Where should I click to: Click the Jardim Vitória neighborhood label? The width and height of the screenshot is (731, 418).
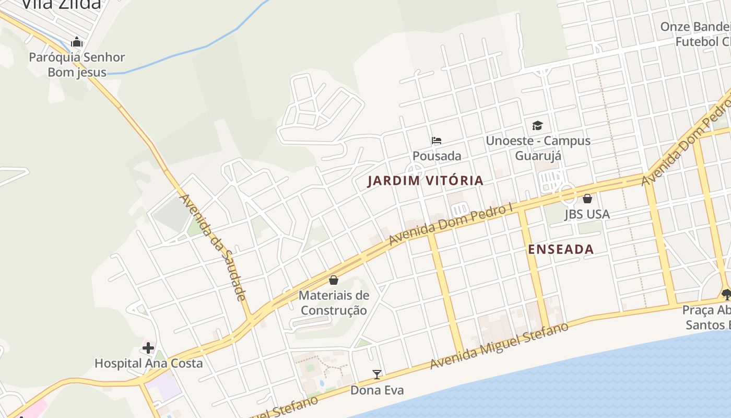point(426,181)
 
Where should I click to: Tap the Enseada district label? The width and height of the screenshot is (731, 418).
point(561,249)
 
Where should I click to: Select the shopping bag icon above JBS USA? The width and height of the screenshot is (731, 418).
point(587,199)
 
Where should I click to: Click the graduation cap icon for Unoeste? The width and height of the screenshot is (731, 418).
point(538,125)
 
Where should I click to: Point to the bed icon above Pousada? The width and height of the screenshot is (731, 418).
point(437,140)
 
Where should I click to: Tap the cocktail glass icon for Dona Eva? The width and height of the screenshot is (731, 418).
point(376,374)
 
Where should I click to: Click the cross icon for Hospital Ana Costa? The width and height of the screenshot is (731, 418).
point(148,347)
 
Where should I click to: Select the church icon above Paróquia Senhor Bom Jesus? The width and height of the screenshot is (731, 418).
point(77,41)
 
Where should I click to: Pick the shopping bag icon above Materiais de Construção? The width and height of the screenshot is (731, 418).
point(334,280)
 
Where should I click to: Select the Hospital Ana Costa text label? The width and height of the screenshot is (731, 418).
point(148,363)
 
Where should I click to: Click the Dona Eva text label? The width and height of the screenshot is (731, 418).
point(376,390)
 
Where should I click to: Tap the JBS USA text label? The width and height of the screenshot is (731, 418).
point(587,214)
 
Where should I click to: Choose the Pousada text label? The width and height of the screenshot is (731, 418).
point(437,156)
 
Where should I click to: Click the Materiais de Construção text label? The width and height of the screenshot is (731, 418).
point(334,303)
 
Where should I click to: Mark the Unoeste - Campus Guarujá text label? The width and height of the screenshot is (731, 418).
point(538,148)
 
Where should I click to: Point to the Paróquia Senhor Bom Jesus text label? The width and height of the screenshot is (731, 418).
point(77,65)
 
